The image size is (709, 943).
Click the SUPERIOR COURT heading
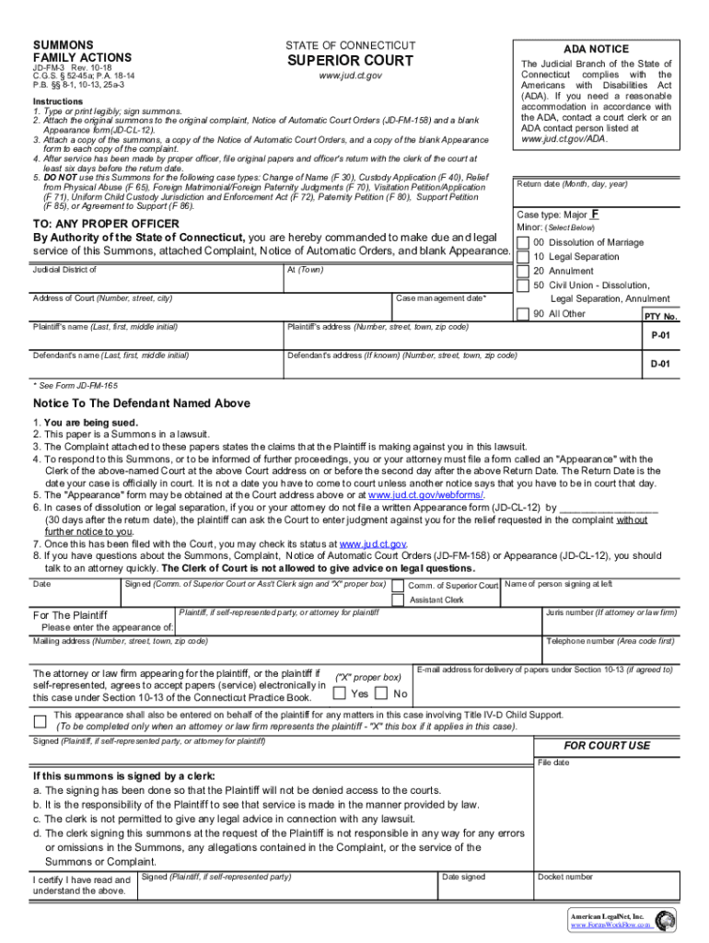349,61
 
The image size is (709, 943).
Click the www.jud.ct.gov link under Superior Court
349,76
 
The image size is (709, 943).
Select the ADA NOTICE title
596,49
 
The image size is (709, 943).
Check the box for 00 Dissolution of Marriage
523,243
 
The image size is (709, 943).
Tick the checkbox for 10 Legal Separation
523,257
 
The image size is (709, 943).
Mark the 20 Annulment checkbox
523,272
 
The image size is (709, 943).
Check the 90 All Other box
523,314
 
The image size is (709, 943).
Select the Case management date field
451,309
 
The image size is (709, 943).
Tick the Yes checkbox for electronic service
340,693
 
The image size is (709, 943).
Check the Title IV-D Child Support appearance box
40,720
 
